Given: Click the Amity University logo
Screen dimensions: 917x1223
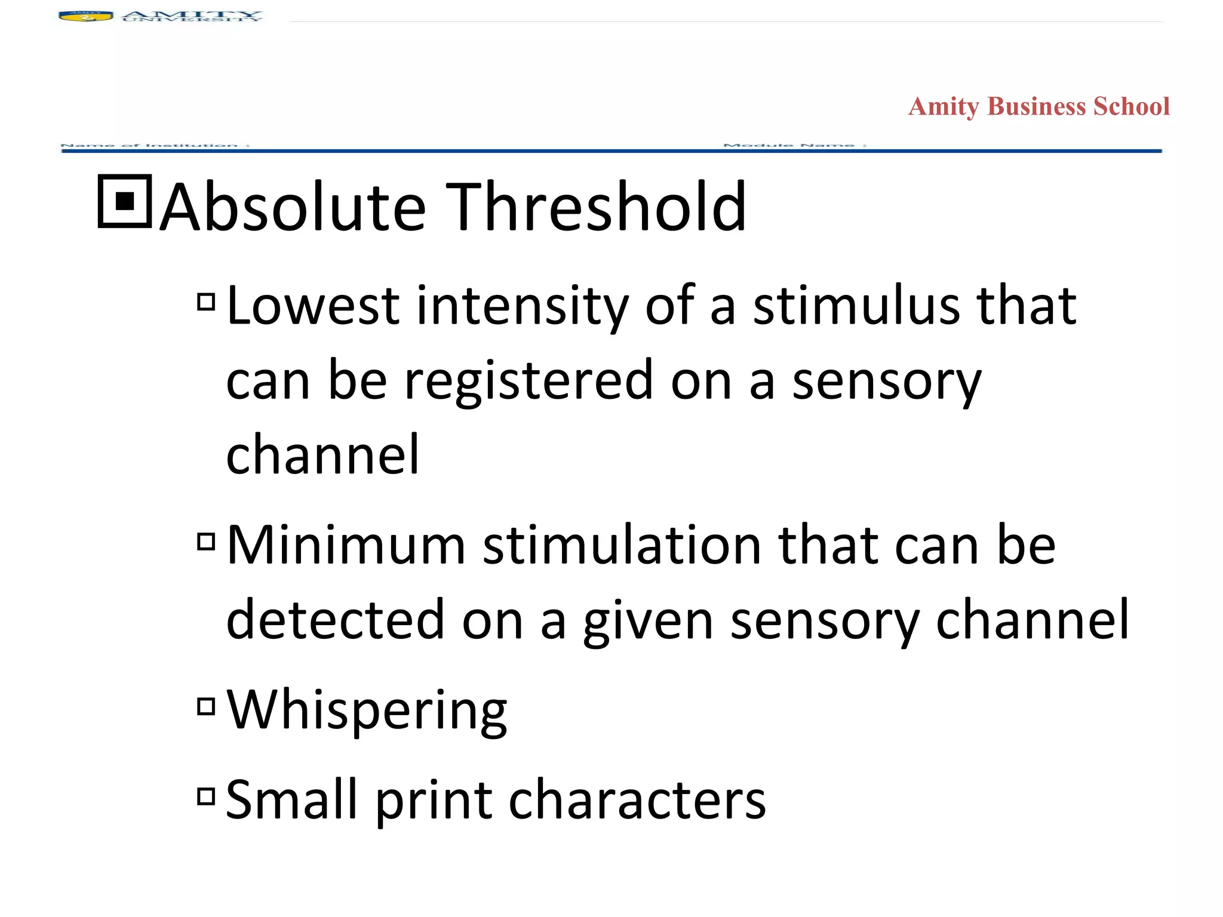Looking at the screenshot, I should tap(160, 17).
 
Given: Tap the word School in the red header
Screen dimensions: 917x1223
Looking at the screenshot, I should tap(1131, 106).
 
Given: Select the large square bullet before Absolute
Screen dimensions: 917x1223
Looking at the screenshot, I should tap(125, 202).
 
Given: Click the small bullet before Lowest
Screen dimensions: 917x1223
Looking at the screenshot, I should tap(206, 302).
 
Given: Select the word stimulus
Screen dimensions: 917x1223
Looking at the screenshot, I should tap(856, 306).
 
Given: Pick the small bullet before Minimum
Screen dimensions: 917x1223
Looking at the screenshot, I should tap(206, 541).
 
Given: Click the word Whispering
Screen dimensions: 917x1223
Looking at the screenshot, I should tap(367, 710).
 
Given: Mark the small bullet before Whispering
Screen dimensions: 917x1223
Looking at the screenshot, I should tap(206, 707).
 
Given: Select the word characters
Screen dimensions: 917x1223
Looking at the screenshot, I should tap(637, 800).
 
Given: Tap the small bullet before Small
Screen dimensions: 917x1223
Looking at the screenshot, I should tap(206, 796).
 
